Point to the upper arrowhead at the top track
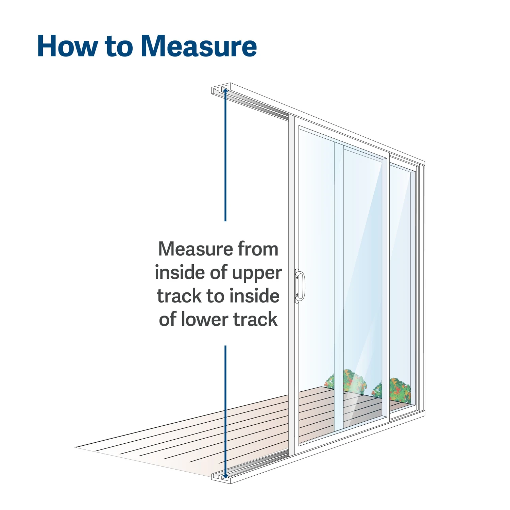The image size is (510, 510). (225, 90)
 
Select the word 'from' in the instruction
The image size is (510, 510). (258, 249)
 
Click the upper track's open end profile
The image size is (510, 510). (219, 90)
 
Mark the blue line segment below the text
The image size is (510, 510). (225, 408)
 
